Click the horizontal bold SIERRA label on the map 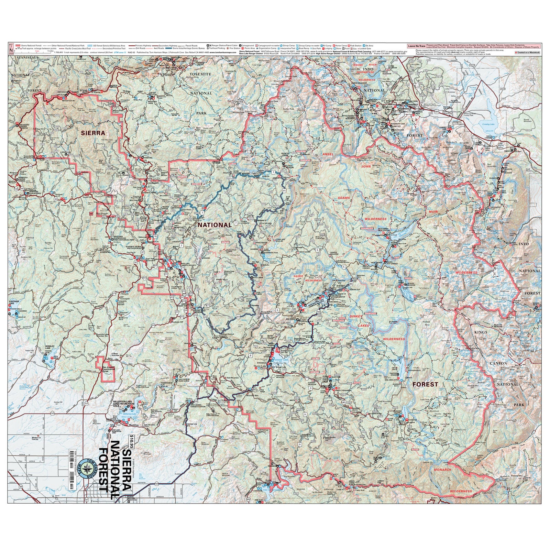[93, 133]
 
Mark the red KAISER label [298, 276]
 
